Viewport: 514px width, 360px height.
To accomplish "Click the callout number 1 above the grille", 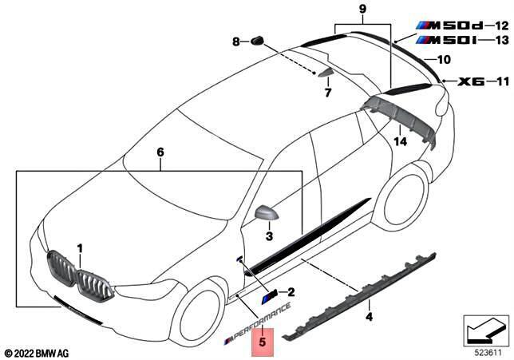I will click(79, 249).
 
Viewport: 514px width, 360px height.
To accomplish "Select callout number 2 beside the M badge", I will click(291, 292).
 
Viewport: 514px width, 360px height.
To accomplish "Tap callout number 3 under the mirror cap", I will click(269, 237).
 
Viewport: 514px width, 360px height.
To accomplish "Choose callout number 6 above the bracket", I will click(160, 152).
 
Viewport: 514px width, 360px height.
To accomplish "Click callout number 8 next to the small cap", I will click(236, 41).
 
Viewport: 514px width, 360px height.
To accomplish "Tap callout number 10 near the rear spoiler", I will click(444, 58).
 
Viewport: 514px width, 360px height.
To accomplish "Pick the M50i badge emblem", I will click(443, 38).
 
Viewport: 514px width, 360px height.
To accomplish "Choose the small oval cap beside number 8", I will click(257, 40).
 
